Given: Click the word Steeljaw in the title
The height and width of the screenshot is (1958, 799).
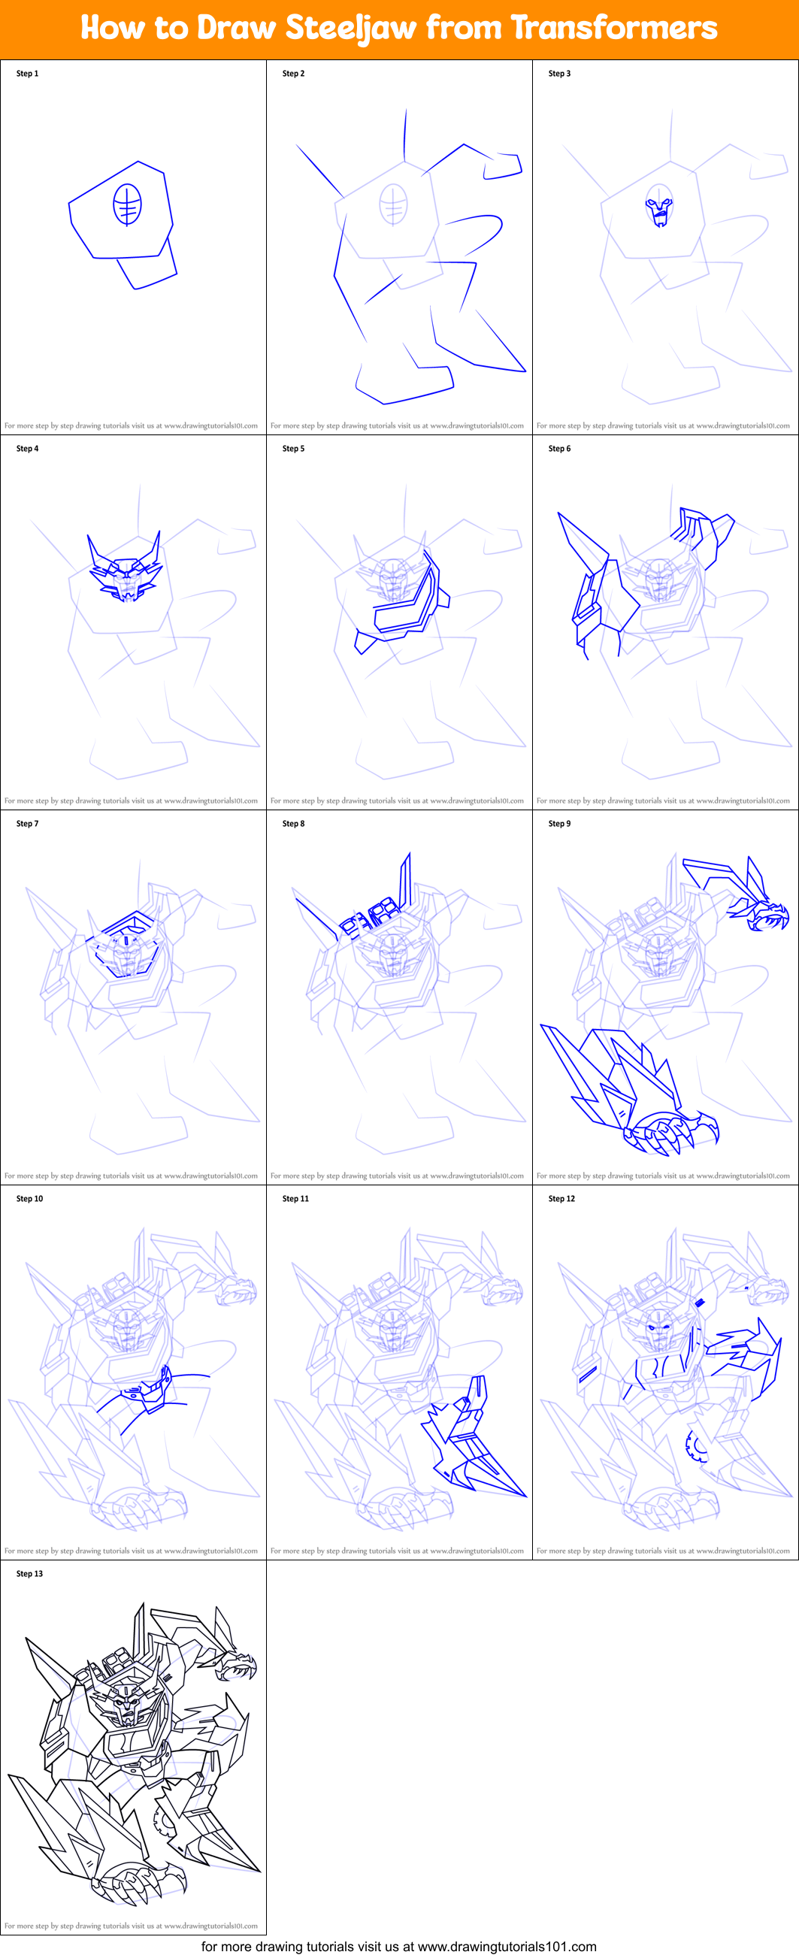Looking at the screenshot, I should click(350, 28).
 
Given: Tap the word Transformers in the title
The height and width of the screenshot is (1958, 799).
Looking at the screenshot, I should click(613, 28).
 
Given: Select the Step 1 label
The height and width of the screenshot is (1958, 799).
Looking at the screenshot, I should click(27, 74).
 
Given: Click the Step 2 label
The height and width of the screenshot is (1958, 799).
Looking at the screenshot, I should click(293, 74).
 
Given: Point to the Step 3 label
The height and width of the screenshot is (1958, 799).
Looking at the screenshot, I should click(559, 74).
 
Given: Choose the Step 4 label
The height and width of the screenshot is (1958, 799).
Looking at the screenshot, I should click(27, 449).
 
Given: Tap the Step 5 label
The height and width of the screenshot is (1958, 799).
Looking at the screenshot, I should click(293, 449).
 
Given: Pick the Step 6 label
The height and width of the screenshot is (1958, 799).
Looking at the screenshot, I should click(559, 449).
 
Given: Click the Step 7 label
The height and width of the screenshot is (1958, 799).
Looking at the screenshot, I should click(27, 823).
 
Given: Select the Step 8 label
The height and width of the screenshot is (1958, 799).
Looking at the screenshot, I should click(293, 823).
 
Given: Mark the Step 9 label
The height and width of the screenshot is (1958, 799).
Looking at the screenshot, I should click(559, 823).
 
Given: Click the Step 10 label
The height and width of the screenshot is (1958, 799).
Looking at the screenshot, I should click(29, 1199).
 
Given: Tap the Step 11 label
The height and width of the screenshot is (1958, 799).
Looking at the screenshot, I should click(295, 1199).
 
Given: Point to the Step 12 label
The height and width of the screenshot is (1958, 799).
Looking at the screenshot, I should click(561, 1199).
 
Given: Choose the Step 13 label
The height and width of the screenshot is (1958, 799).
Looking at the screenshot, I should click(29, 1573).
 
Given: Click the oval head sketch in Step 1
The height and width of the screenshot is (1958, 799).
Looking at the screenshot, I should click(127, 204).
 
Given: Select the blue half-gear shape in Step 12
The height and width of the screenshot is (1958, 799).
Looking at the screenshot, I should click(695, 1445).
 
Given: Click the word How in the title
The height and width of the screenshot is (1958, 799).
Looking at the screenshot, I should click(113, 28).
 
